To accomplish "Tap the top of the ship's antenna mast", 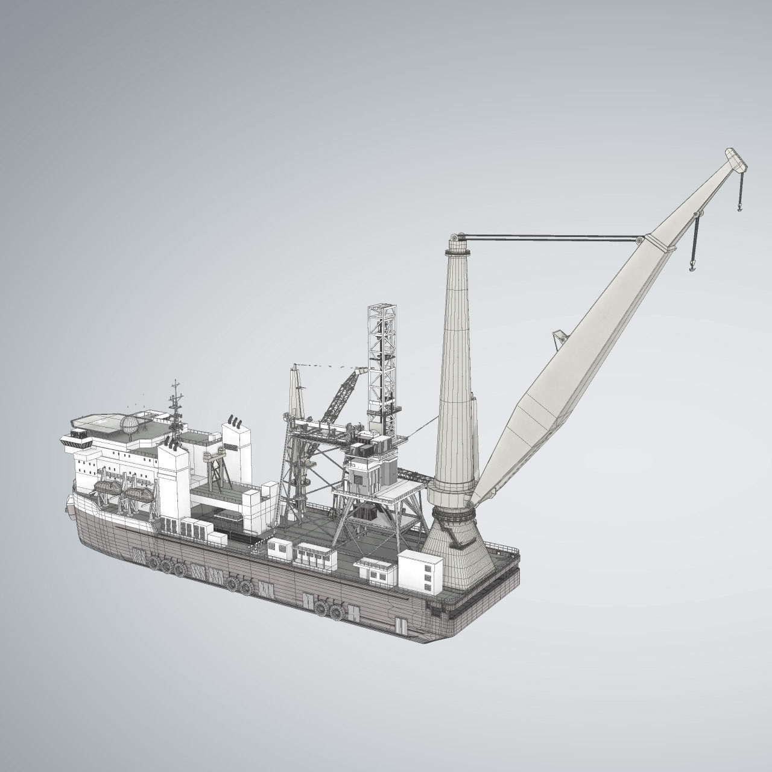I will tap(175, 384).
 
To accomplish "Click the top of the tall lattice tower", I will tap(382, 309).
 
